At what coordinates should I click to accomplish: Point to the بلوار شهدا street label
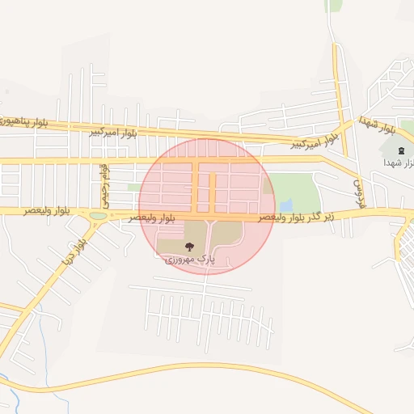click(x=378, y=125)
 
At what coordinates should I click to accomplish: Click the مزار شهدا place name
click(x=399, y=163)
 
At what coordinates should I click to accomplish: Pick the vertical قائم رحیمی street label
click(x=103, y=184)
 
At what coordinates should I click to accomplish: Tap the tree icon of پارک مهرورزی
click(x=189, y=247)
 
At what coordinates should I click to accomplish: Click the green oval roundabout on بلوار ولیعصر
click(x=98, y=216)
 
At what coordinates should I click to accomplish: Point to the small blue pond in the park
click(x=285, y=205)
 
